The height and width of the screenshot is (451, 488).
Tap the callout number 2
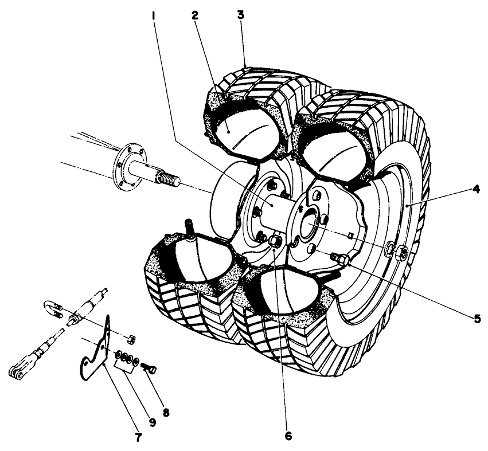pyautogui.click(x=195, y=16)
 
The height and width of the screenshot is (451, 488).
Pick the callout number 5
pyautogui.click(x=477, y=319)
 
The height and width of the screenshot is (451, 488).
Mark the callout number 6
pyautogui.click(x=287, y=436)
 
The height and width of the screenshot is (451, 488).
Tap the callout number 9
pyautogui.click(x=152, y=423)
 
